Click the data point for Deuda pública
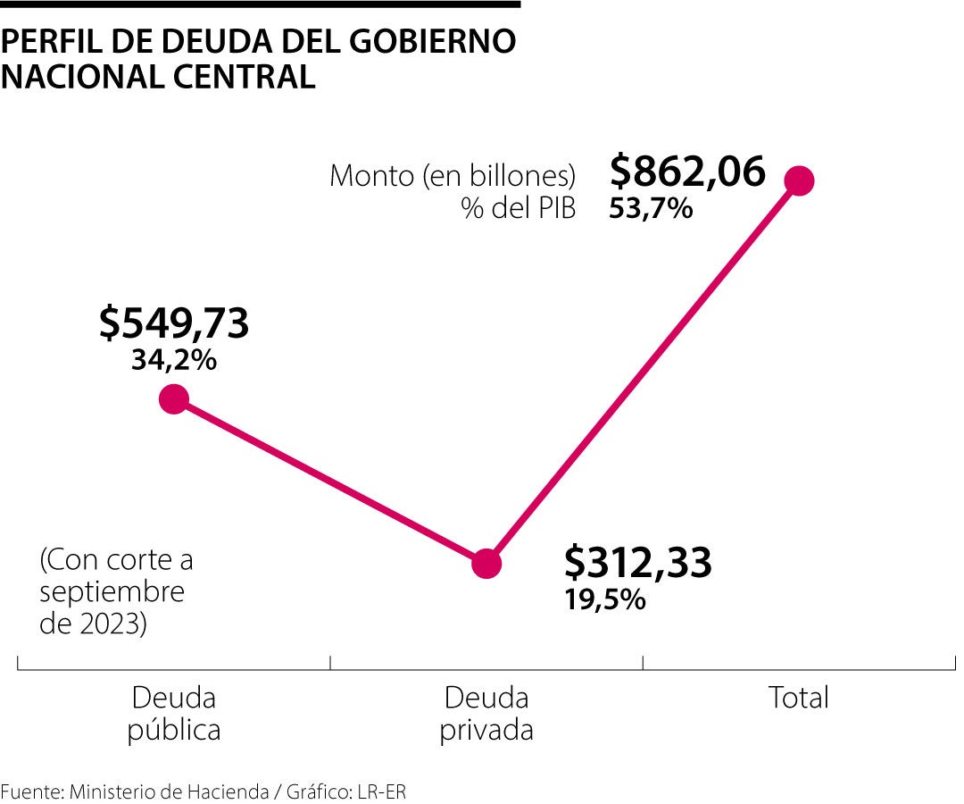tap(174, 398)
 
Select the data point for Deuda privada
tap(486, 563)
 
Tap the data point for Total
tap(799, 180)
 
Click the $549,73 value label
tap(174, 323)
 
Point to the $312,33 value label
tap(638, 563)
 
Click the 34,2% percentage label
tap(174, 361)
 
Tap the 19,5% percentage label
tap(604, 599)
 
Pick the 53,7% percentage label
tap(651, 209)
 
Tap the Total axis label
tap(799, 698)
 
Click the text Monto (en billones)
tap(453, 175)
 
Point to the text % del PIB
tap(518, 208)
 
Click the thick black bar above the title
tap(260, 4)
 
